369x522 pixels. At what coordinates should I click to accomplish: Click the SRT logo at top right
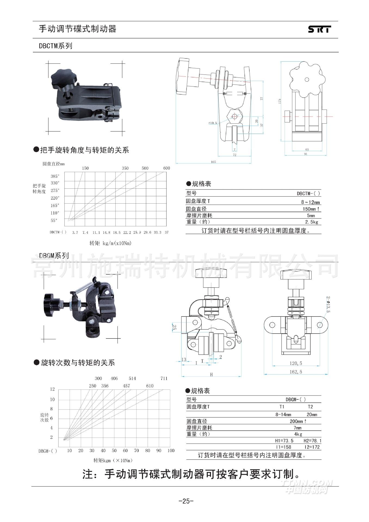(320, 29)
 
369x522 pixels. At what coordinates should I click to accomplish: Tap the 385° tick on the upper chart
(55, 176)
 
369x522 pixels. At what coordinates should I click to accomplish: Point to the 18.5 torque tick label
(116, 232)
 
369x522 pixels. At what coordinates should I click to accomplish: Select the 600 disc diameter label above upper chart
(166, 168)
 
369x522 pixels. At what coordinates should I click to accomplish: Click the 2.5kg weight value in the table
(311, 222)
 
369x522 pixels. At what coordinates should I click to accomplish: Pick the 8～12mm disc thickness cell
(311, 202)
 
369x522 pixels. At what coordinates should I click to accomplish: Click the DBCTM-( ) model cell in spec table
(308, 194)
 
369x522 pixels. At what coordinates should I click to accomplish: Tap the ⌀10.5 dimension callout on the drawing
(213, 123)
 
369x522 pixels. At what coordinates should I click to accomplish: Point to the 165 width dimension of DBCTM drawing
(213, 162)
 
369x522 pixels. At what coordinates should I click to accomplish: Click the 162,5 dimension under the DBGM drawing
(296, 372)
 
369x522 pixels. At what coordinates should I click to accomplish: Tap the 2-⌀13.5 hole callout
(328, 304)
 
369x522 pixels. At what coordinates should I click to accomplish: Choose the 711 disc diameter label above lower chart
(164, 378)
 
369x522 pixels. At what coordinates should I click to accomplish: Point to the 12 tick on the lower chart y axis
(52, 389)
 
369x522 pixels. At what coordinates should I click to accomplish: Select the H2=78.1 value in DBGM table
(312, 441)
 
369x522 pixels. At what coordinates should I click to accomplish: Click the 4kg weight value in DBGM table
(298, 434)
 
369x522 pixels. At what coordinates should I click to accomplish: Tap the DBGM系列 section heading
(54, 256)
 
